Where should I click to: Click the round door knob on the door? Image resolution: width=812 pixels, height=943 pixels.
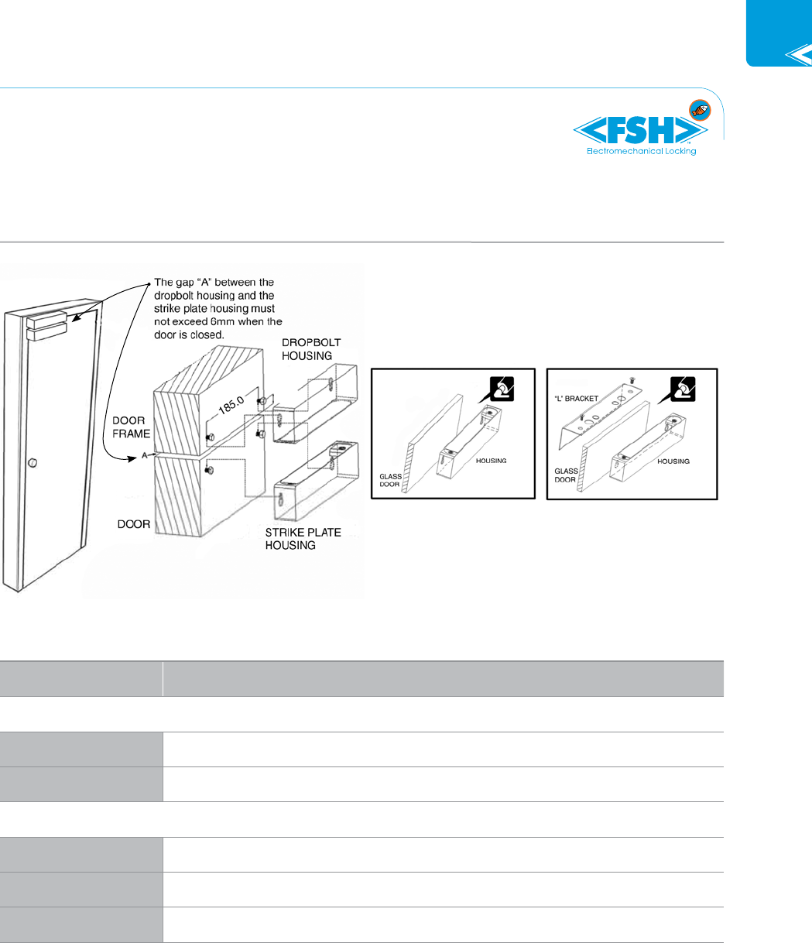point(32,462)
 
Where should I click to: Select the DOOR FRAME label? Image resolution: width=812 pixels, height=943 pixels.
point(129,427)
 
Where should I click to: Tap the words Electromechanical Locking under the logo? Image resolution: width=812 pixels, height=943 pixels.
point(642,151)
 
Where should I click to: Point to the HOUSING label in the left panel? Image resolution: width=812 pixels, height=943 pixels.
point(491,461)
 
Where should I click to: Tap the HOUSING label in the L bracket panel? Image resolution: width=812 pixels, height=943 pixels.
point(673,461)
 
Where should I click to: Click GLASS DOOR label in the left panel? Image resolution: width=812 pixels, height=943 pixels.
point(391,481)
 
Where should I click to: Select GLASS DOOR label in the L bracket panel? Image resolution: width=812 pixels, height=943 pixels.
point(564,474)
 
